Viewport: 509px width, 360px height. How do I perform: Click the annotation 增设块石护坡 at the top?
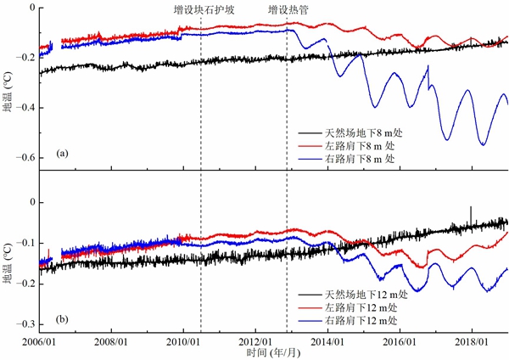(x=204, y=10)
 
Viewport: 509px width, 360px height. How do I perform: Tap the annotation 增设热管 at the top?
(x=288, y=10)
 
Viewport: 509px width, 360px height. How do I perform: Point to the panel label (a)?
(x=61, y=154)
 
